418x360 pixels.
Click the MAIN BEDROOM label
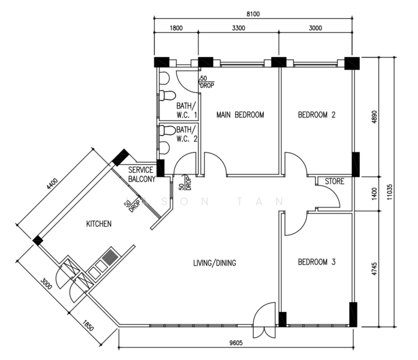[240, 115]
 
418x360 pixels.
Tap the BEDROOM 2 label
[317, 115]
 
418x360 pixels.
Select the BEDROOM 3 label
[317, 262]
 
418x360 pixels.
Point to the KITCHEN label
[98, 224]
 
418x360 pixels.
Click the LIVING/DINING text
[215, 263]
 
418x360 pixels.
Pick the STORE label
[334, 181]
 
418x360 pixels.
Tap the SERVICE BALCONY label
[142, 175]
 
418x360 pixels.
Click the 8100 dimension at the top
[253, 14]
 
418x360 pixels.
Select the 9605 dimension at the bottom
[236, 343]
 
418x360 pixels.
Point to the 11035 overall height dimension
[390, 192]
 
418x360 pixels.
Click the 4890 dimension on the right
[374, 117]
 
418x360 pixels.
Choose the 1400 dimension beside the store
[374, 194]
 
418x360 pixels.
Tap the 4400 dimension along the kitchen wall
[52, 184]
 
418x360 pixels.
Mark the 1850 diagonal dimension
[88, 326]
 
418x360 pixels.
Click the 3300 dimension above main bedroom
[238, 28]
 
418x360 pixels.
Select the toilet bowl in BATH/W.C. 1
[167, 96]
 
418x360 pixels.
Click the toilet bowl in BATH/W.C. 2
[167, 131]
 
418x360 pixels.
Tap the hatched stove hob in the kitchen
[110, 256]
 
